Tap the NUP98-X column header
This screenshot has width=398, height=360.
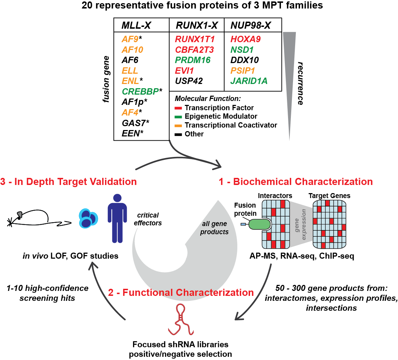pos(250,26)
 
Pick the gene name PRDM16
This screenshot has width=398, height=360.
pos(193,60)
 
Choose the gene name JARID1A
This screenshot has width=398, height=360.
pos(249,81)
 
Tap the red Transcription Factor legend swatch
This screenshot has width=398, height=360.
pos(179,108)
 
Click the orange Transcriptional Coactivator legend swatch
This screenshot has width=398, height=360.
pos(179,125)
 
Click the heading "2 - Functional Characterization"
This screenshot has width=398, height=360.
pos(181,293)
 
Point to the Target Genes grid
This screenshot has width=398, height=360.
pos(329,225)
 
